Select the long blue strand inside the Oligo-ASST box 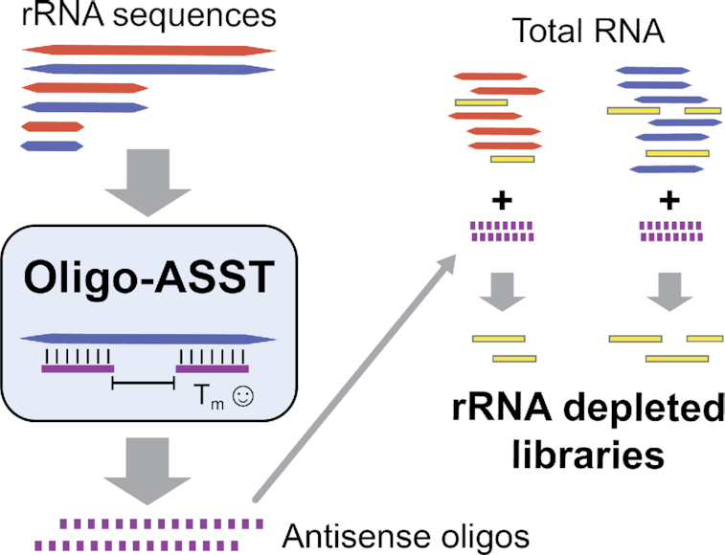click(x=148, y=339)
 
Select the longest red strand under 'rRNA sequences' click(x=148, y=49)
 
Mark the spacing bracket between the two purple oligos click(x=144, y=384)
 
